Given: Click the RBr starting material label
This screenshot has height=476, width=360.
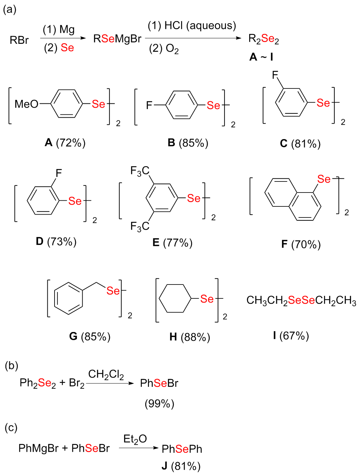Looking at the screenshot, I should pyautogui.click(x=19, y=40).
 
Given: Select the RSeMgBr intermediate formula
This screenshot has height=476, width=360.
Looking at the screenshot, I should pyautogui.click(x=117, y=39).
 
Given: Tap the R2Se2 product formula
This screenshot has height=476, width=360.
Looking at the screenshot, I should pyautogui.click(x=263, y=39).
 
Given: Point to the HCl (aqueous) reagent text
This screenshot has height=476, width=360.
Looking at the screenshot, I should pyautogui.click(x=192, y=26).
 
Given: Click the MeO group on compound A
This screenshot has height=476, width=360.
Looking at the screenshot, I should pyautogui.click(x=26, y=104).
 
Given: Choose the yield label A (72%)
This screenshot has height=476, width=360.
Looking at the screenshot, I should pyautogui.click(x=65, y=143).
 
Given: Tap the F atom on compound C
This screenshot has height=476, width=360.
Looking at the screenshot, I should pyautogui.click(x=275, y=75).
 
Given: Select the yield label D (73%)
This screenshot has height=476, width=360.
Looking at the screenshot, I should pyautogui.click(x=56, y=242).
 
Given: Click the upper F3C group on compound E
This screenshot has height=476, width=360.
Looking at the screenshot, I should pyautogui.click(x=140, y=171).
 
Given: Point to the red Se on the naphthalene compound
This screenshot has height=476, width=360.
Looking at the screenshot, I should pyautogui.click(x=324, y=179).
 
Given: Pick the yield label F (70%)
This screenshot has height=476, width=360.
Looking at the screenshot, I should pyautogui.click(x=301, y=244).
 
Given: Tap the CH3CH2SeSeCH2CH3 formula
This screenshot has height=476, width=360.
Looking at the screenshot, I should pyautogui.click(x=301, y=301).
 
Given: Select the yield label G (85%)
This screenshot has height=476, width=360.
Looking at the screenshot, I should pyautogui.click(x=89, y=336).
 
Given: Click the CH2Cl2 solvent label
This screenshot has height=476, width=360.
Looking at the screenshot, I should pyautogui.click(x=106, y=374).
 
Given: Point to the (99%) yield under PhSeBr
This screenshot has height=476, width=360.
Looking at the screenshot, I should pyautogui.click(x=159, y=404).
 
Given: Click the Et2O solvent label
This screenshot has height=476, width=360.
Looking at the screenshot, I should pyautogui.click(x=135, y=439).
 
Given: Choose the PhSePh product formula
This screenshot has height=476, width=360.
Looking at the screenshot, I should pyautogui.click(x=182, y=449).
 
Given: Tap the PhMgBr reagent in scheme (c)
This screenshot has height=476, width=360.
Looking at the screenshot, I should pyautogui.click(x=38, y=448).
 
